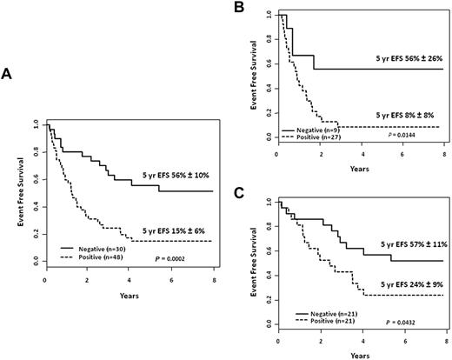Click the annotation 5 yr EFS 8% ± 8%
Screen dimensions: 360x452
point(403,114)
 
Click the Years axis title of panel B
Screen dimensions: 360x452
point(360,165)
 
